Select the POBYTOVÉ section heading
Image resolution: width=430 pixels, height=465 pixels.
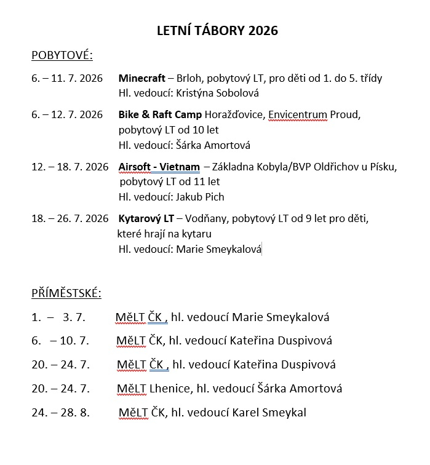coord(62,57)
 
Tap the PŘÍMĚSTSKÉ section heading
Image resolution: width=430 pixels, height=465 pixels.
coord(66,293)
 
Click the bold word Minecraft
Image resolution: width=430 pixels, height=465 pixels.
coord(142,79)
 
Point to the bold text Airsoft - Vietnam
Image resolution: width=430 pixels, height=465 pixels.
coord(159,167)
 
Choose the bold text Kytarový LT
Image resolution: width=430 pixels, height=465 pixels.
coord(146,218)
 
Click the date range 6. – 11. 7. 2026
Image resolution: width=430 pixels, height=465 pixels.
coord(66,79)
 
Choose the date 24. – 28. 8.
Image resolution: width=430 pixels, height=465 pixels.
coord(60,412)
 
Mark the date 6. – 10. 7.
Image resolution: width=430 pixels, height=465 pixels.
coord(60,341)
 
